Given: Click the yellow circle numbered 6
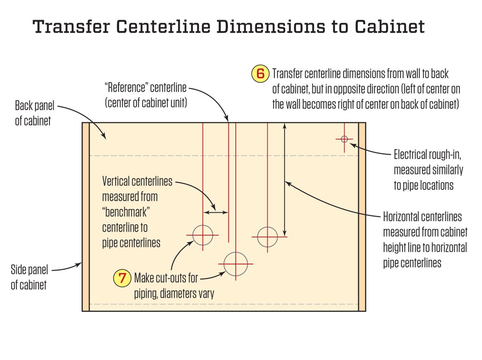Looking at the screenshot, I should click(260, 74).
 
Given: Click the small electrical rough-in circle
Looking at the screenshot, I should click(344, 139).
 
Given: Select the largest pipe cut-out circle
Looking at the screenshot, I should click(235, 264).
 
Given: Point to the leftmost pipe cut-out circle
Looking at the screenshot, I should click(203, 235).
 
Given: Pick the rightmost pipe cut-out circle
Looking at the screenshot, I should click(267, 236).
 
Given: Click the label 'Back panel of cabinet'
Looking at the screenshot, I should click(33, 112).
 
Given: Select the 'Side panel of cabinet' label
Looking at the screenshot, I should click(29, 278).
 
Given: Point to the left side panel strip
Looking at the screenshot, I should click(86, 216).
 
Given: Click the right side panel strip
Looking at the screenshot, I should click(362, 216).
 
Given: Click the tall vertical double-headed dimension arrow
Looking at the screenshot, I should click(284, 179).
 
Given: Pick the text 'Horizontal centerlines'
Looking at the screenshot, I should click(422, 217).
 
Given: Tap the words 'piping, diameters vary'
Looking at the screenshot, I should click(174, 294).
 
